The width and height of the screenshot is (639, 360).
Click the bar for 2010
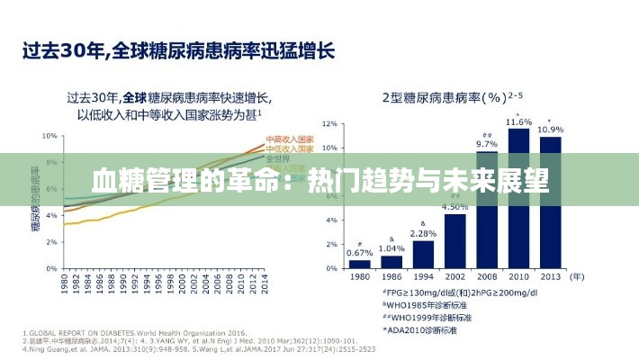click(x=518, y=199)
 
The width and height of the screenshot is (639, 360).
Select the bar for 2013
click(x=550, y=202)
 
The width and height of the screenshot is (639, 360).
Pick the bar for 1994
click(x=423, y=255)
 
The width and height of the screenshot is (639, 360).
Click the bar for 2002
click(x=455, y=240)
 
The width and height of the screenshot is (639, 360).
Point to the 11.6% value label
click(x=518, y=121)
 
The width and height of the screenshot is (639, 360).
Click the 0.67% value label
click(x=359, y=252)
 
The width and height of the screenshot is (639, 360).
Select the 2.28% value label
click(x=423, y=233)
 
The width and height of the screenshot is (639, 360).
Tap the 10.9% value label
click(x=551, y=130)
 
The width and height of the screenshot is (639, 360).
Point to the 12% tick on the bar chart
click(x=329, y=123)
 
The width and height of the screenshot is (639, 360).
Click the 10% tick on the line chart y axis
click(x=49, y=136)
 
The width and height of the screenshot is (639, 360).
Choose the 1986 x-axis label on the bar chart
click(x=391, y=277)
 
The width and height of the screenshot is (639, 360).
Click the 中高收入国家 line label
click(x=289, y=140)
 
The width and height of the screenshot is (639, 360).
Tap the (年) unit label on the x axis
click(x=578, y=277)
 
